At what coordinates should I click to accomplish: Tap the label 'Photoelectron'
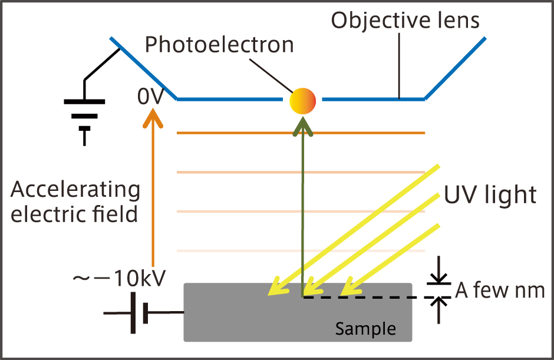coord(220,44)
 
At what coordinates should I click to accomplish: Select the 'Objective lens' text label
coord(405,20)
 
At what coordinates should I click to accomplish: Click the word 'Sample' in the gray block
coord(365,328)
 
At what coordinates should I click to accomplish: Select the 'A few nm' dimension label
coord(500,290)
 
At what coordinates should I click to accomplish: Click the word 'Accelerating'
coord(75,190)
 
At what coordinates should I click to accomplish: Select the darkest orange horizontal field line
coord(301,134)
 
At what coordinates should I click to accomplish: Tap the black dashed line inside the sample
coord(365,297)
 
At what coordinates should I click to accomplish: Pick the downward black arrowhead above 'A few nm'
coord(438,278)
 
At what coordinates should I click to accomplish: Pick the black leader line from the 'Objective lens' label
coord(400,65)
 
